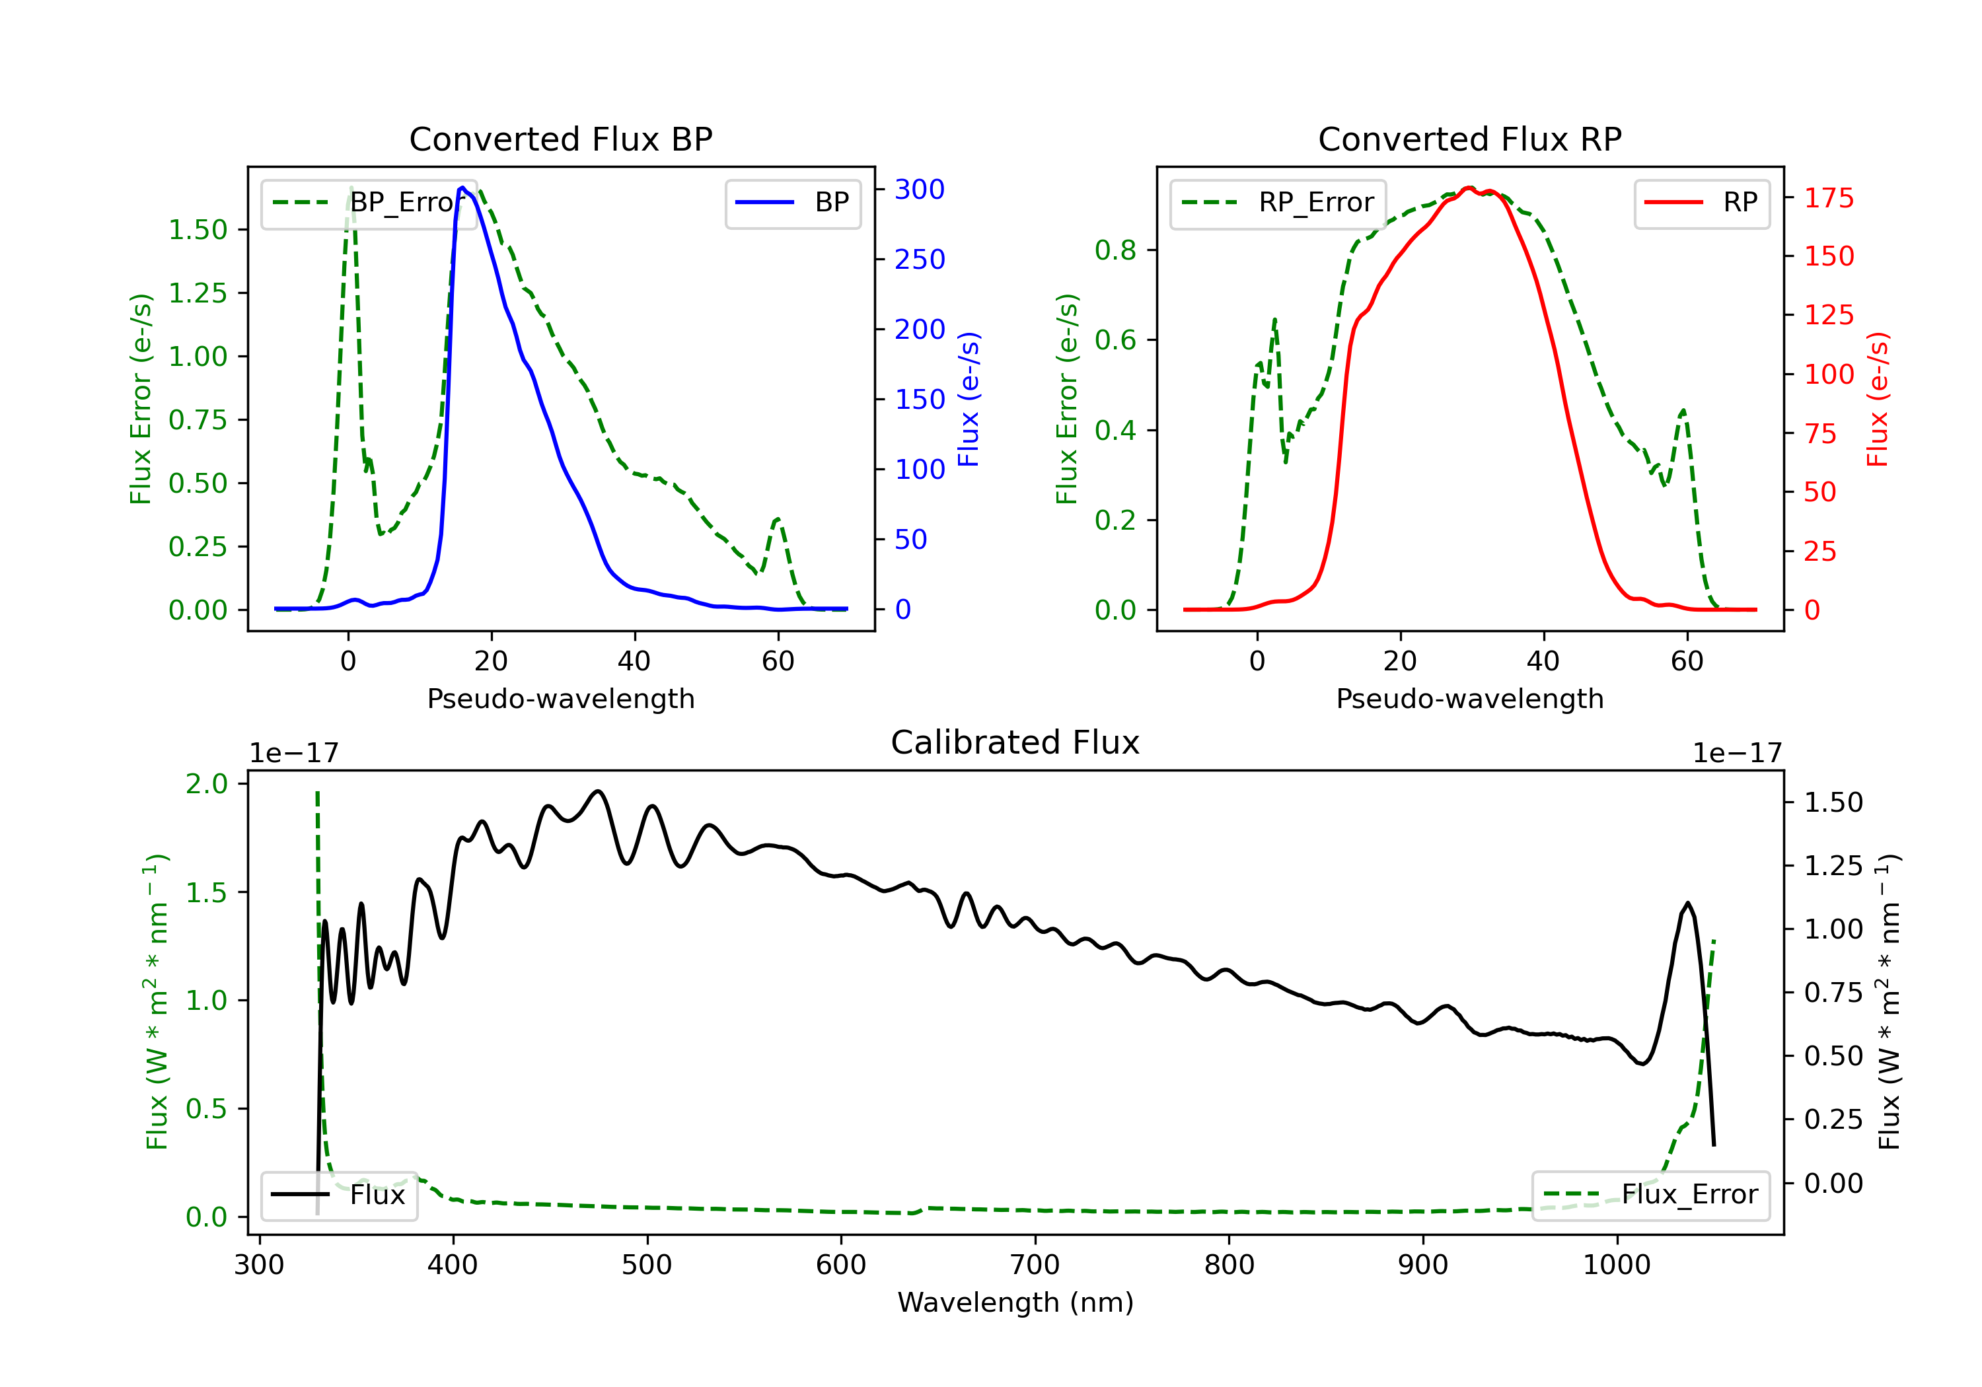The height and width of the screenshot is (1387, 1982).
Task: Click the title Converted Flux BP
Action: click(561, 139)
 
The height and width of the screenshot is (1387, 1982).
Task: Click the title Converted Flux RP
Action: click(1469, 139)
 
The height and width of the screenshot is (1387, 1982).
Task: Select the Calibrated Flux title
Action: click(1015, 742)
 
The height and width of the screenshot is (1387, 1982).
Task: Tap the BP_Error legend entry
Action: click(369, 203)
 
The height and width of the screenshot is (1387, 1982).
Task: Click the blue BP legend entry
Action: click(792, 203)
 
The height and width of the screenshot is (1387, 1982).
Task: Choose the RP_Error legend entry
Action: click(1278, 203)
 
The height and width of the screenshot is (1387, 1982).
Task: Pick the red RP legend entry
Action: click(1701, 203)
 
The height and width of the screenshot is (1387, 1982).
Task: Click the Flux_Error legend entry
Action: click(1650, 1195)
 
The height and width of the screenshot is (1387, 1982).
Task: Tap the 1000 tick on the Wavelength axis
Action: click(1617, 1265)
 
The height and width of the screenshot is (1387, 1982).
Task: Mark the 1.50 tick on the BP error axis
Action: click(198, 230)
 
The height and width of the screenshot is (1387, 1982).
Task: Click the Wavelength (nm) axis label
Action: click(1015, 1302)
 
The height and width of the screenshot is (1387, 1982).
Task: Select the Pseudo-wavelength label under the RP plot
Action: click(1469, 698)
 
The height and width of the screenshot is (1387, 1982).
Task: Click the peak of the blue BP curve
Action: click(462, 188)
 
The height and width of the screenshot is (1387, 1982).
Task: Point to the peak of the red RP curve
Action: click(1469, 188)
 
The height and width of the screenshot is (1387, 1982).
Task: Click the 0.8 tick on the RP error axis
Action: click(1115, 250)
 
